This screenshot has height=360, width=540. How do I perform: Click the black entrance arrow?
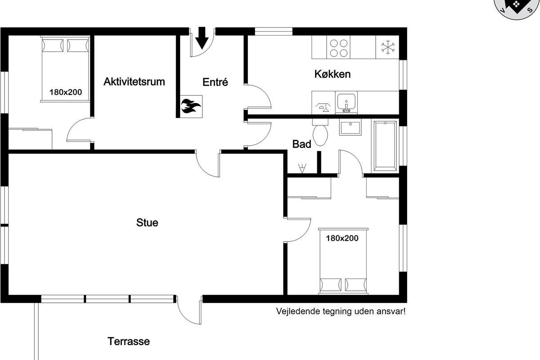click(x=202, y=38)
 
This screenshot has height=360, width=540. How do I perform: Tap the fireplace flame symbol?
click(x=191, y=106)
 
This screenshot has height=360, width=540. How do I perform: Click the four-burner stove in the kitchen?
click(x=338, y=48)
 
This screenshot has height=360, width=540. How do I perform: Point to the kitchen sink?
click(x=346, y=102)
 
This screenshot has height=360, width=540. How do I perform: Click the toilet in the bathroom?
click(x=320, y=132)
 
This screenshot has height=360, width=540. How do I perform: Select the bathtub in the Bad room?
click(x=385, y=146)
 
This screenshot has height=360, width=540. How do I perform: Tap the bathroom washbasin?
click(x=350, y=127)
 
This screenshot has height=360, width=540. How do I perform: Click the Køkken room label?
click(x=333, y=74)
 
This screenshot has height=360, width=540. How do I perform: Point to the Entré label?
click(x=215, y=82)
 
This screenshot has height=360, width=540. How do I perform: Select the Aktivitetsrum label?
click(x=134, y=82)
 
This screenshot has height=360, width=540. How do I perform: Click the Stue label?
click(x=147, y=223)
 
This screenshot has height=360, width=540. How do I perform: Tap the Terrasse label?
click(x=129, y=342)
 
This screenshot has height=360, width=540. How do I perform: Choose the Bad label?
click(x=301, y=144)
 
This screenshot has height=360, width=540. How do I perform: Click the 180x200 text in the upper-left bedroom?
click(x=66, y=92)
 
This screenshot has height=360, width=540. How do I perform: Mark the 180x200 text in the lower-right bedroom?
click(x=342, y=238)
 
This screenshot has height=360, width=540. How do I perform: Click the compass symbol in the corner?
click(x=517, y=7)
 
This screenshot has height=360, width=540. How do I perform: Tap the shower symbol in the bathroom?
click(x=302, y=168)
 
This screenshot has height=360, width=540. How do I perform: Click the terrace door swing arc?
click(x=185, y=316)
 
